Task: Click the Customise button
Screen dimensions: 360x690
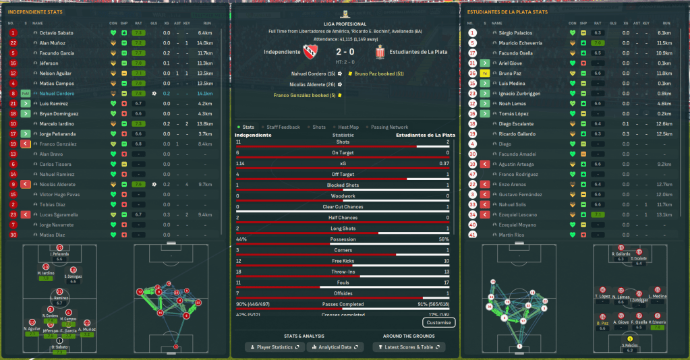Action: click(438, 323)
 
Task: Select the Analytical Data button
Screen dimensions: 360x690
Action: click(335, 347)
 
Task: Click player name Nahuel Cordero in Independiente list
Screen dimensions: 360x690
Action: click(56, 93)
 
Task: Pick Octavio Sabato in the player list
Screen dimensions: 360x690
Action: click(57, 32)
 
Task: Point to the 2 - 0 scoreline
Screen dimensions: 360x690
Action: click(344, 52)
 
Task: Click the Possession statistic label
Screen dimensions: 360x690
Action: click(343, 239)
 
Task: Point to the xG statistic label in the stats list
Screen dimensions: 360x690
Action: click(343, 163)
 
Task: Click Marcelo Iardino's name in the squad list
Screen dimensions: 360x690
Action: click(57, 123)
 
